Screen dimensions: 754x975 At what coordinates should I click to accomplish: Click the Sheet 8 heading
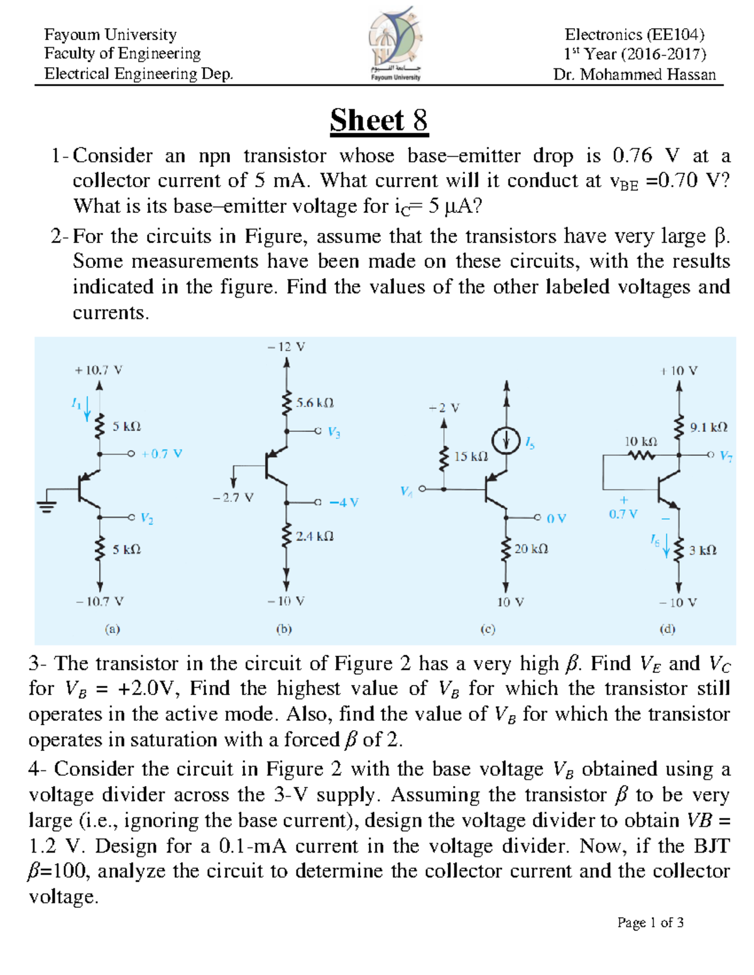click(379, 120)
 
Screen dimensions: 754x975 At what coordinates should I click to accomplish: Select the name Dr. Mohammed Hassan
click(635, 75)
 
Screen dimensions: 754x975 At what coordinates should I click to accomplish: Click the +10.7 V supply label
click(99, 370)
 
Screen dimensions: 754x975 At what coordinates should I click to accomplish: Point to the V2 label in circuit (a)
click(147, 519)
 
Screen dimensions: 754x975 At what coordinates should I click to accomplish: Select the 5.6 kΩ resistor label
click(315, 402)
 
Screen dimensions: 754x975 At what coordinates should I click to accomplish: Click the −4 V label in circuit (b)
click(344, 502)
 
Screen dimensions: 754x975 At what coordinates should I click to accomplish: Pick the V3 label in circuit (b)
click(334, 433)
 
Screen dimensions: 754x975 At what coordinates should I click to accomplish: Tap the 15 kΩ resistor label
click(471, 456)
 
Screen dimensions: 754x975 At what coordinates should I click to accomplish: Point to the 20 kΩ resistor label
click(532, 549)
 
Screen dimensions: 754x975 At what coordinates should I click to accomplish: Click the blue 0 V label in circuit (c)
click(556, 519)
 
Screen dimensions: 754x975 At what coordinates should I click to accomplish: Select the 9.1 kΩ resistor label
click(709, 427)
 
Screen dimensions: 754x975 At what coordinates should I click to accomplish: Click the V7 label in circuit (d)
click(726, 456)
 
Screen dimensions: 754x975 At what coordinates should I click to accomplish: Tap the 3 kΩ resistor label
click(702, 550)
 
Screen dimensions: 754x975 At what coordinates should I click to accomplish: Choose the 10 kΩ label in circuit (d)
click(641, 441)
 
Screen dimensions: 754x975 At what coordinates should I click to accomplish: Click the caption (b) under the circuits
click(284, 628)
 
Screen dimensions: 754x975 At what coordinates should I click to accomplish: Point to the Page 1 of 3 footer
click(650, 922)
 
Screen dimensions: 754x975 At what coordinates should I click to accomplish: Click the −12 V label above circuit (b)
click(286, 347)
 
